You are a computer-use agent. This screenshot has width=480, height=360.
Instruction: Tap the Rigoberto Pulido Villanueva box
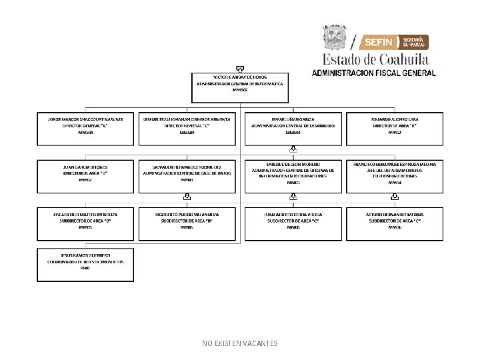[187, 224]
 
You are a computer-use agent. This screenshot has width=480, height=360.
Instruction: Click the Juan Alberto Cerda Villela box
[293, 224]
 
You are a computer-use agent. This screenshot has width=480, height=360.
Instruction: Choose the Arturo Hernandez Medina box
[395, 224]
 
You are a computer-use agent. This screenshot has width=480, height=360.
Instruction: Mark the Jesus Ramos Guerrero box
[85, 265]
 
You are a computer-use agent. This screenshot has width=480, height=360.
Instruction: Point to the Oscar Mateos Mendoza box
[85, 224]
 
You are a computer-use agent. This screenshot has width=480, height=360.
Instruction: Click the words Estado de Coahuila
[376, 59]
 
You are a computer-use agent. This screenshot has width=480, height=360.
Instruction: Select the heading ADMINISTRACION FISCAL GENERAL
[374, 73]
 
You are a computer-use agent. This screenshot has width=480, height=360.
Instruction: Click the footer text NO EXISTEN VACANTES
[239, 343]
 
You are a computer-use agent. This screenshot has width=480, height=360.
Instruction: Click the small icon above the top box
[239, 68]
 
